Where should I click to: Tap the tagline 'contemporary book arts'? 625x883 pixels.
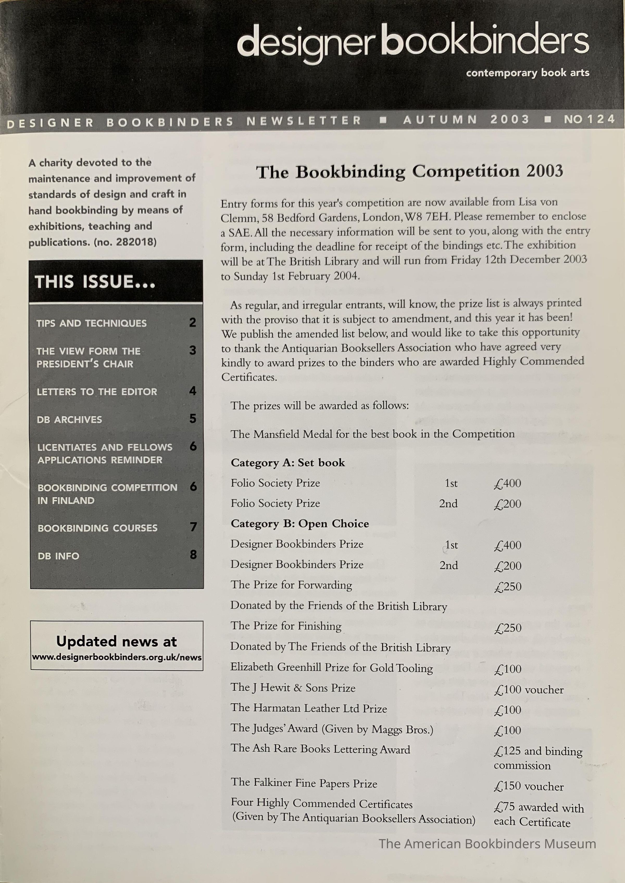(527, 73)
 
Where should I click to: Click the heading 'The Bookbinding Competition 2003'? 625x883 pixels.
(409, 172)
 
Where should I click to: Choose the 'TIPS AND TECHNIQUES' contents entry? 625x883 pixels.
(92, 323)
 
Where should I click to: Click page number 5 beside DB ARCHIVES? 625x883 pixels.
(193, 419)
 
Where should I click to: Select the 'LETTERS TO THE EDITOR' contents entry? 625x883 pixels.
(97, 392)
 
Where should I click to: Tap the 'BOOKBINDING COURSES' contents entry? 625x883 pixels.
(97, 528)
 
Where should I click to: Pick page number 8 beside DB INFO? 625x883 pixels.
(193, 555)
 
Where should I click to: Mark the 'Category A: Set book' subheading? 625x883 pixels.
(288, 463)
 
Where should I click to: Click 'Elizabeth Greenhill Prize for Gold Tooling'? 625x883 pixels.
(331, 668)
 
